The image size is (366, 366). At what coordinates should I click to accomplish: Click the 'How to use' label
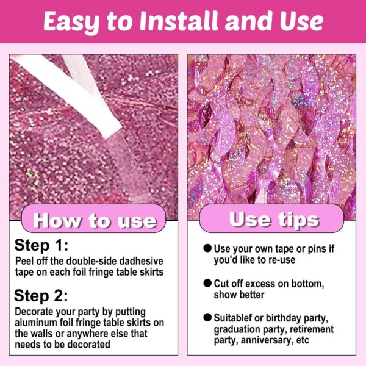[95, 220]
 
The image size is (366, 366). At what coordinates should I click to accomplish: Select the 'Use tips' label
[274, 220]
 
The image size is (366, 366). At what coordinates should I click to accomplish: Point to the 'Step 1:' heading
[41, 245]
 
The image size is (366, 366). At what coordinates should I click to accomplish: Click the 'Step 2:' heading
[41, 296]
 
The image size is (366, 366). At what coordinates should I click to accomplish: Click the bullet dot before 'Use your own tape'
[207, 248]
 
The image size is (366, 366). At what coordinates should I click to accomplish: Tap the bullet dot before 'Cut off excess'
[207, 283]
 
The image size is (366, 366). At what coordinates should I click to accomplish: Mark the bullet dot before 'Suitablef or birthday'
[207, 317]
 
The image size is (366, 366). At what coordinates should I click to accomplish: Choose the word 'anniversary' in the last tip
[267, 340]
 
